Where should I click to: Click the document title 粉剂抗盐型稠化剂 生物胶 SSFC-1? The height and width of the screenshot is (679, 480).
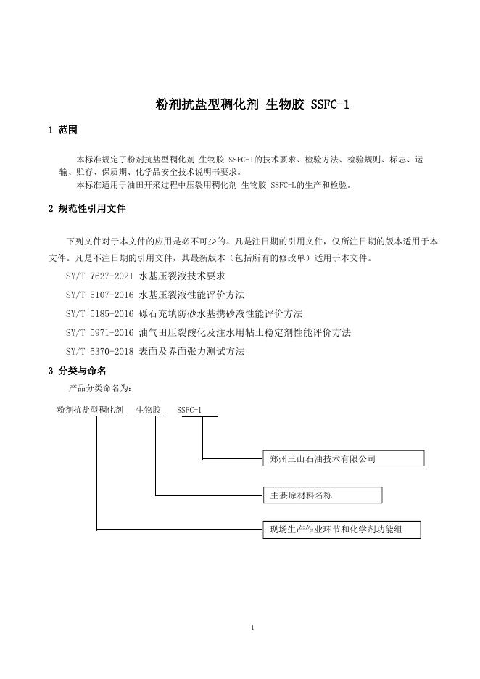click(253, 104)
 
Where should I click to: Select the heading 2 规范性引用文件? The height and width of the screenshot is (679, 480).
click(87, 209)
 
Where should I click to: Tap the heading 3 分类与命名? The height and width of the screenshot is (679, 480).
click(77, 371)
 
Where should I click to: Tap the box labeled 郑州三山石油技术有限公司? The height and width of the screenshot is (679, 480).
click(343, 458)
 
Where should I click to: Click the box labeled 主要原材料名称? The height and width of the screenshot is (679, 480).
click(322, 495)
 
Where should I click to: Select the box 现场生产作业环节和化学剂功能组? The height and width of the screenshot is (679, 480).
click(342, 530)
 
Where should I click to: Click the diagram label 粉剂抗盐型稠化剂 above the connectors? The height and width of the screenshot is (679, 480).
click(90, 411)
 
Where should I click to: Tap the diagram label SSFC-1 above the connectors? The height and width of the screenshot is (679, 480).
click(189, 411)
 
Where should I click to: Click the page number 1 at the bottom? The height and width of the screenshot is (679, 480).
click(252, 627)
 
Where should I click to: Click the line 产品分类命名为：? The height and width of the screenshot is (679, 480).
click(100, 389)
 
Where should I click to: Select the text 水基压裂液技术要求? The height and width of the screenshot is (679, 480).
click(182, 276)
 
